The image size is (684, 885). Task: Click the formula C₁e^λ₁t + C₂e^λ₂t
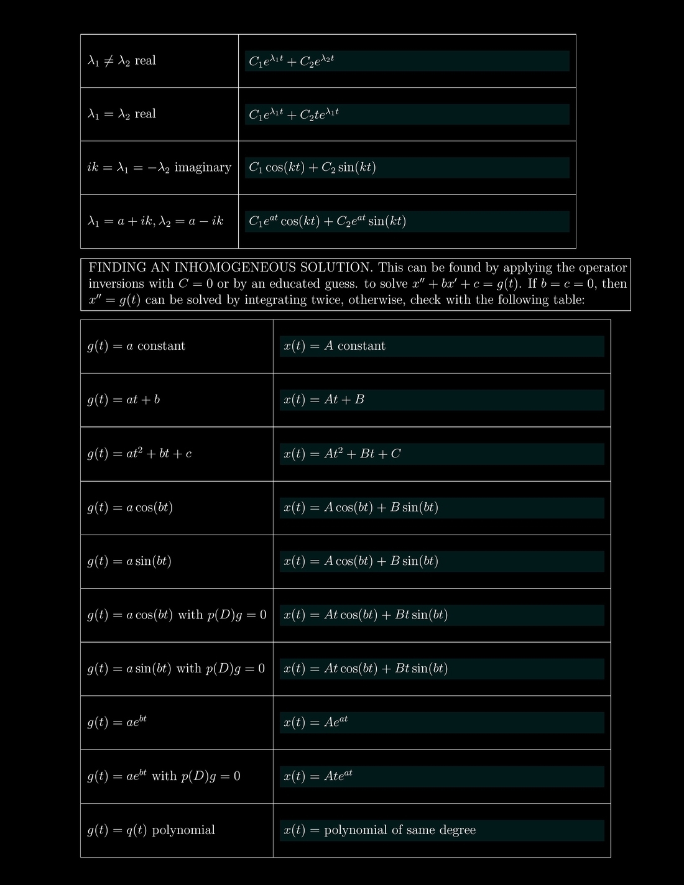pos(291,61)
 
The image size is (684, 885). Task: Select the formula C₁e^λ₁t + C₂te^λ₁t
pos(293,114)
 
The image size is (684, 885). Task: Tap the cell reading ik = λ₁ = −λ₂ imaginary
pos(159,168)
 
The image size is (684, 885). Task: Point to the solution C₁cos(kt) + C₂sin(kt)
pos(312,168)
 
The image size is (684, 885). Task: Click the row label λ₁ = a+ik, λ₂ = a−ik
pos(155,221)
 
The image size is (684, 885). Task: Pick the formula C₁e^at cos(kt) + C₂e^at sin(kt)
pos(327,221)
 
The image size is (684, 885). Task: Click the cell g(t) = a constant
pos(136,346)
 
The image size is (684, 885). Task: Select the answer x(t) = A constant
pos(335,346)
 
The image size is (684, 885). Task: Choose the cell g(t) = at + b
pos(124,400)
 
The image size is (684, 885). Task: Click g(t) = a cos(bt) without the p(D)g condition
pos(130,508)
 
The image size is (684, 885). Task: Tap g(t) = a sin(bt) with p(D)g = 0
pos(176,669)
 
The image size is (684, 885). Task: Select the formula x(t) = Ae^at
pos(315,722)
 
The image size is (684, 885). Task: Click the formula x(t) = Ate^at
pos(318,776)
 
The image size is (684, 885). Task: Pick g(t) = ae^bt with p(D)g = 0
pos(164,776)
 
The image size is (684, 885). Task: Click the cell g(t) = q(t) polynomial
pos(151,830)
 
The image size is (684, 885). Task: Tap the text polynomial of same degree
pos(400,830)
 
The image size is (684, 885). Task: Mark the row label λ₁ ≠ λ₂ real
pos(122,61)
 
